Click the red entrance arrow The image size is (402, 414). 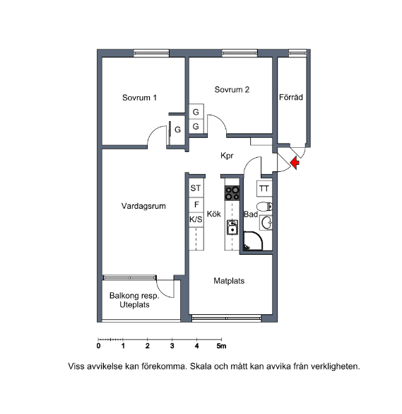[x=295, y=163]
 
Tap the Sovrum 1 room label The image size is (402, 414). [x=139, y=98]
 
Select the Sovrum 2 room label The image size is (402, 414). [x=232, y=90]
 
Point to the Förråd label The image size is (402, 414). [x=291, y=97]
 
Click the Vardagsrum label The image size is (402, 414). [x=143, y=206]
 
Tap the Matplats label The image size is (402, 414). [x=229, y=281]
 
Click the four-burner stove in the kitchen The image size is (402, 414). [x=232, y=193]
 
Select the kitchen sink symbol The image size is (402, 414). [x=232, y=227]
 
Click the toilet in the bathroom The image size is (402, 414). [x=264, y=207]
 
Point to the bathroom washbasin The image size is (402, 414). [x=266, y=223]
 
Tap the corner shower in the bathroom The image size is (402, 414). [x=253, y=241]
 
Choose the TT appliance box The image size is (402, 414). [x=264, y=188]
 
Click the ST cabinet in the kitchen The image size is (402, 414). [x=196, y=188]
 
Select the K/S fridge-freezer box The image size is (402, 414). [x=196, y=219]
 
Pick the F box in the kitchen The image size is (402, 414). [x=196, y=205]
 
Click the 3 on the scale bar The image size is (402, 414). [x=172, y=346]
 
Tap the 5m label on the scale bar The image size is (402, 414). [x=221, y=346]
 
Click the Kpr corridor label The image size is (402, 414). [x=227, y=156]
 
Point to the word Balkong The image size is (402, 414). [x=122, y=296]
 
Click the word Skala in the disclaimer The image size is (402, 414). [x=201, y=367]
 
